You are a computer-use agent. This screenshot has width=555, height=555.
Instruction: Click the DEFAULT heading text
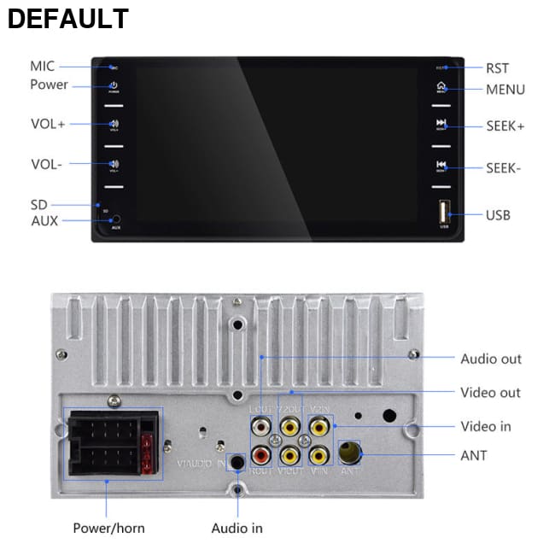(x=68, y=19)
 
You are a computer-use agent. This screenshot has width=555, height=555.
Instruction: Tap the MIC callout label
(x=42, y=66)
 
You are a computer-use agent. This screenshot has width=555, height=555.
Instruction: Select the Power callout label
(x=49, y=85)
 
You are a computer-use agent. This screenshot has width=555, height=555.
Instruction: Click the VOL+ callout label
(x=48, y=124)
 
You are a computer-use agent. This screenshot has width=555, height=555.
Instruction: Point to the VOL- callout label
(x=47, y=164)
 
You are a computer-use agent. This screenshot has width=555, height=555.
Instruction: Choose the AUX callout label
(x=44, y=220)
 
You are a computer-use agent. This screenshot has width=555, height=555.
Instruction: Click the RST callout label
(x=497, y=68)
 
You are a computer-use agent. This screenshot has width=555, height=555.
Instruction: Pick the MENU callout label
(x=505, y=90)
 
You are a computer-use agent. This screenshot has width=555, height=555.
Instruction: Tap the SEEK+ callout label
(x=505, y=126)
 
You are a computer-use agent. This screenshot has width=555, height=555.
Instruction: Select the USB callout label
(x=498, y=215)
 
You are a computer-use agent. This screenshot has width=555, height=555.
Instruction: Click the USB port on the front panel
(x=444, y=211)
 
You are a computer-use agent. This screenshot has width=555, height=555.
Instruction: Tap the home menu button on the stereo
(x=441, y=86)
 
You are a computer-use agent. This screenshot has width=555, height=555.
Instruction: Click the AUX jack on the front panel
(x=115, y=219)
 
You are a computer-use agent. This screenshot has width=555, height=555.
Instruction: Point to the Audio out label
(x=491, y=359)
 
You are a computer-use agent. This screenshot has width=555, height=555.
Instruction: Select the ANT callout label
(x=474, y=455)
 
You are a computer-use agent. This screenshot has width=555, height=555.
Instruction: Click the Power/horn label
(x=108, y=528)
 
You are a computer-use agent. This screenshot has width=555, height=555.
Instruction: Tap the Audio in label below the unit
(x=237, y=528)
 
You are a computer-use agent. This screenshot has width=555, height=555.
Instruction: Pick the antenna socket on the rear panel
(x=348, y=452)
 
